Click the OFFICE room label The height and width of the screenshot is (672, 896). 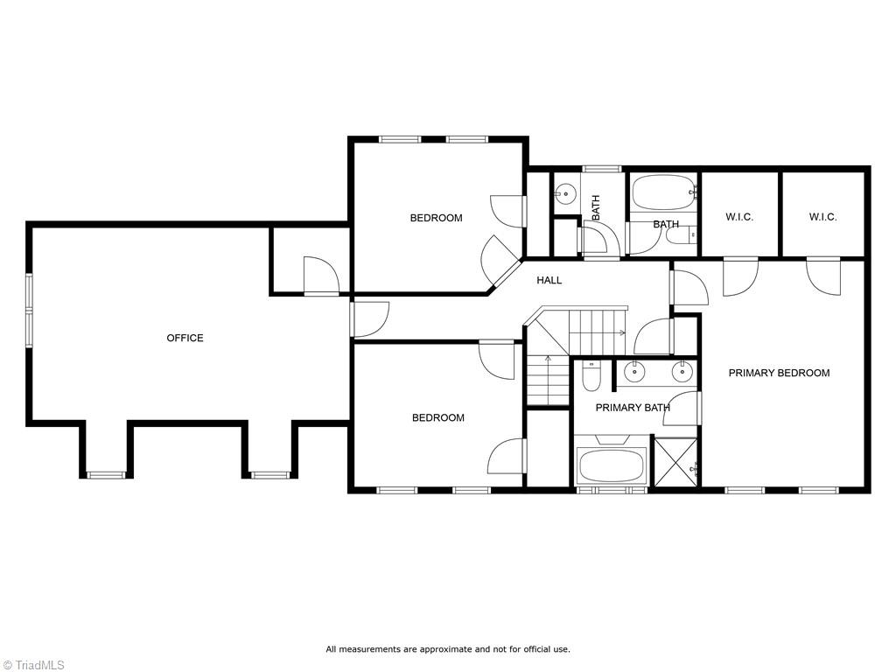(185, 338)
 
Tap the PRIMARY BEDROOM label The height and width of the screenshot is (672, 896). (779, 373)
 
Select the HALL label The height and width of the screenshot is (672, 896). (549, 280)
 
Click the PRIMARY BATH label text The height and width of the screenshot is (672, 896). (633, 408)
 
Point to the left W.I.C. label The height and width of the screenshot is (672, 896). (739, 217)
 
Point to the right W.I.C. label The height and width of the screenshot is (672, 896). (822, 217)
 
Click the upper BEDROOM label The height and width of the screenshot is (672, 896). (436, 218)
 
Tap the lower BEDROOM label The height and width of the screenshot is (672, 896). (437, 417)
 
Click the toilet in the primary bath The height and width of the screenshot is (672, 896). (591, 377)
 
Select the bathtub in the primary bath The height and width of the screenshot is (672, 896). (612, 465)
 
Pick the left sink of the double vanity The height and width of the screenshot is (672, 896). (633, 373)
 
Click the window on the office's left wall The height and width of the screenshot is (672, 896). (29, 311)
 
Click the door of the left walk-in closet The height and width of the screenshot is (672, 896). (740, 276)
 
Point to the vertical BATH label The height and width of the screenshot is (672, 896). (596, 207)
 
